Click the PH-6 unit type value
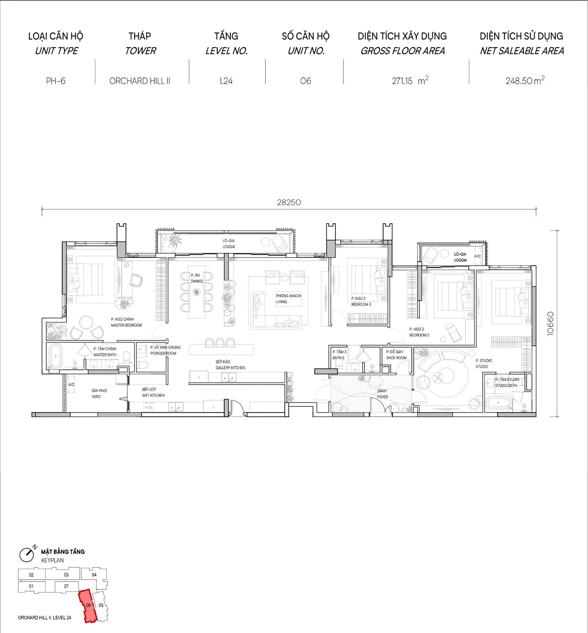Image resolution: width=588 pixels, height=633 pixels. click(56, 81)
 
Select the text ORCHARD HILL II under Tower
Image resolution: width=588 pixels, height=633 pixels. click(140, 81)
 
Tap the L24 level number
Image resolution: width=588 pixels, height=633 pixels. click(226, 81)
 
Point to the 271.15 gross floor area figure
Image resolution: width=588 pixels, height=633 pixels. click(402, 81)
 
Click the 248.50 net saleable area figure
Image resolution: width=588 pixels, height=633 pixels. click(519, 81)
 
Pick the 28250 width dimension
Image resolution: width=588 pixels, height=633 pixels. click(289, 202)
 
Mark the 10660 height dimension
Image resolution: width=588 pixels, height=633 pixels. click(550, 323)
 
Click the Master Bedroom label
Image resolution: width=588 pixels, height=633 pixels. click(126, 322)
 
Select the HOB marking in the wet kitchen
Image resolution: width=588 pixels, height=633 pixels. click(149, 408)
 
